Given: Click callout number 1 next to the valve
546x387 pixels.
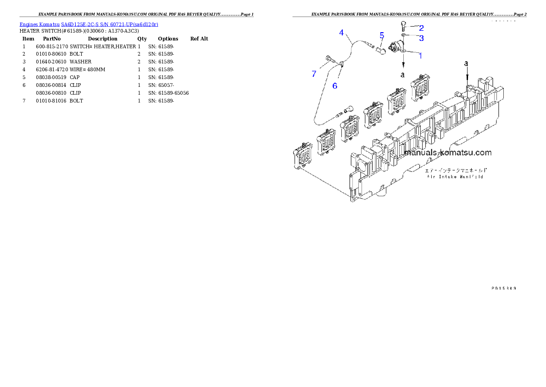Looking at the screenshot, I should [x=420, y=56].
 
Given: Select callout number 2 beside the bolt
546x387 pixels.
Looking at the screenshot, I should [x=421, y=28].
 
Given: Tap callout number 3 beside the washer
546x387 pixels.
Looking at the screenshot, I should [x=421, y=38].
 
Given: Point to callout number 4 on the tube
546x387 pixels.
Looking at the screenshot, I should [x=341, y=33].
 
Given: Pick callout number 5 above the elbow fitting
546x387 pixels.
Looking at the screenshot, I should [x=381, y=35].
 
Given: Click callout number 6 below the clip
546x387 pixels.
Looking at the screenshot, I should [x=334, y=86].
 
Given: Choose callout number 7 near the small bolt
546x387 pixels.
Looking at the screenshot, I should [x=314, y=74].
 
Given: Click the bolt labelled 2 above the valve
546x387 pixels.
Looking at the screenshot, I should [x=403, y=25].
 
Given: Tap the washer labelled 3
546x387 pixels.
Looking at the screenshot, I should [x=402, y=34].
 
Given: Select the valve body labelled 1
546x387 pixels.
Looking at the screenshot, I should [x=396, y=47].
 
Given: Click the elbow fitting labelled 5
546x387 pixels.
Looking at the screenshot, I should [x=380, y=50].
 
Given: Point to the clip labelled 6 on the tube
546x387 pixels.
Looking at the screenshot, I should [x=341, y=66].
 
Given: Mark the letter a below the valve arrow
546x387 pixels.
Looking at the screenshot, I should [x=402, y=74].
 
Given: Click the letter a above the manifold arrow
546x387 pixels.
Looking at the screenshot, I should [x=467, y=63].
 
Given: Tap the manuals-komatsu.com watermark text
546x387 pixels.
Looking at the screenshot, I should [x=447, y=153].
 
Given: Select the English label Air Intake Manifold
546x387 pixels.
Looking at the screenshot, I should [x=455, y=176].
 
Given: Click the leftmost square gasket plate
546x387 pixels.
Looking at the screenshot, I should [x=303, y=156].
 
